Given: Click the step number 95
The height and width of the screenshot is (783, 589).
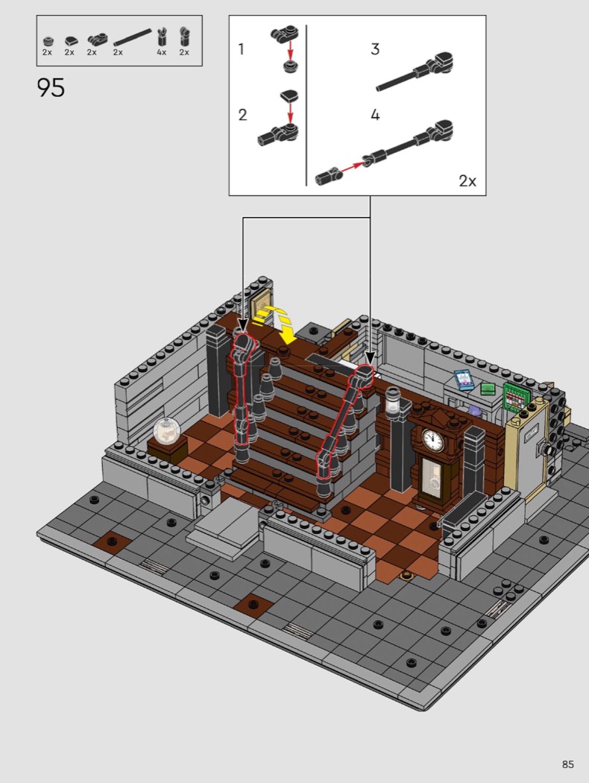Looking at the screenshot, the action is tap(51, 87).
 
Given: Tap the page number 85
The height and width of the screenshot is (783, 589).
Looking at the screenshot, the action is tap(567, 764).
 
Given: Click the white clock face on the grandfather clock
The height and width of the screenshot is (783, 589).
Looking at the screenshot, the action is tap(432, 440).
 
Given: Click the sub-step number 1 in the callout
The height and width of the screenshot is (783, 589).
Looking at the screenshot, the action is tap(241, 49).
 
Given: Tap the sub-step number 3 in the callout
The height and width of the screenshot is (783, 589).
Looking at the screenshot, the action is tap(375, 49).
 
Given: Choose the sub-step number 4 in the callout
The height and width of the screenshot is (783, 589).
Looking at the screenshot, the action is tap(375, 115).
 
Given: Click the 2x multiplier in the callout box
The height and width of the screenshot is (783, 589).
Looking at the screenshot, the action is tap(467, 180).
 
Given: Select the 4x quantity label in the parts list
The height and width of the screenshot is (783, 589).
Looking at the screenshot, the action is tap(161, 52).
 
